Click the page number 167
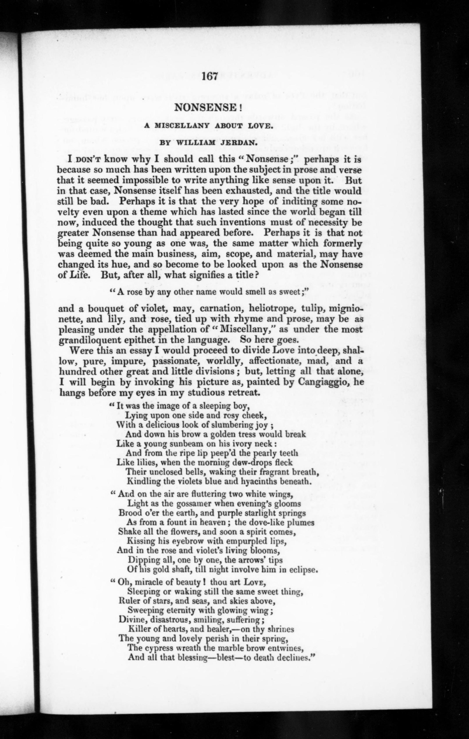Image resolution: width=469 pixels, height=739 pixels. pyautogui.click(x=210, y=76)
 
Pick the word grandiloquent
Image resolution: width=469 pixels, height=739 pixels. pyautogui.click(x=89, y=340)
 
